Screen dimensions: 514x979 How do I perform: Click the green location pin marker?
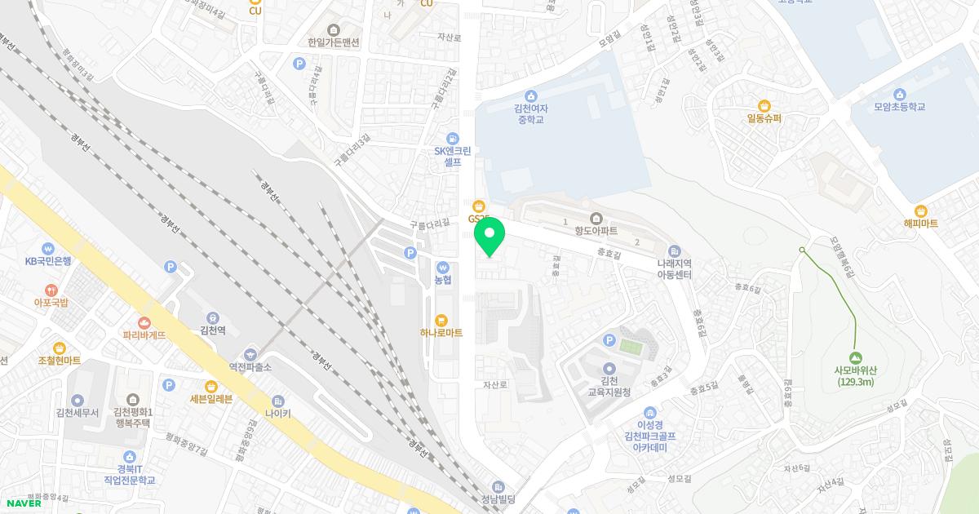click(489, 238)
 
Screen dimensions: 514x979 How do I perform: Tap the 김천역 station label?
click(212, 331)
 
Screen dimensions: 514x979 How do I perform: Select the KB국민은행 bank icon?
click(48, 248)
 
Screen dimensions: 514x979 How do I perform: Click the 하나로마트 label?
click(441, 333)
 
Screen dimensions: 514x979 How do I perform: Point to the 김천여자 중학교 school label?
click(531, 113)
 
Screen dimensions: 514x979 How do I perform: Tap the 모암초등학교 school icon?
click(900, 94)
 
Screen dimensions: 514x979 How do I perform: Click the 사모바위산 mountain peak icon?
click(855, 357)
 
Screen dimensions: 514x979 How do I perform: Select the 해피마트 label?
click(920, 224)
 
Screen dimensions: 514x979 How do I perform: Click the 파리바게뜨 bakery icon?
click(144, 322)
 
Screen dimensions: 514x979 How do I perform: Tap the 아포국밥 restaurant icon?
click(51, 290)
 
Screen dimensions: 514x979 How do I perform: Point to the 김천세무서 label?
click(78, 413)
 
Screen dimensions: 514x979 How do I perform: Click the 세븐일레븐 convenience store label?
click(211, 399)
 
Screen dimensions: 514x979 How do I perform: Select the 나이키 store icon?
click(277, 401)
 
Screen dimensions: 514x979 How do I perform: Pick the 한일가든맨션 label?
click(334, 42)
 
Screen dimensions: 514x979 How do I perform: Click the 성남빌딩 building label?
click(499, 500)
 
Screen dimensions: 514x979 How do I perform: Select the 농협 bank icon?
click(442, 267)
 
